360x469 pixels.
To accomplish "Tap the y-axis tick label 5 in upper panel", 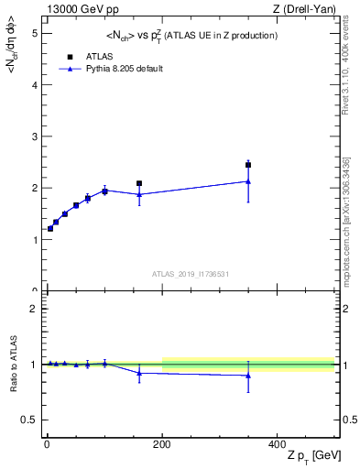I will tap(34, 33).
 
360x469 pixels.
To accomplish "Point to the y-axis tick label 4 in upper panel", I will tap(34, 84).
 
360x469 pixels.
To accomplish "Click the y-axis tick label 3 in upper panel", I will tap(34, 136).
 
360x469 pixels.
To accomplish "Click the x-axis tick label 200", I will tap(162, 444).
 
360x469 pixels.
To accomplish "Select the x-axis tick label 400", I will tap(277, 444).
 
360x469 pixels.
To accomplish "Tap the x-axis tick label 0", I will tap(48, 444).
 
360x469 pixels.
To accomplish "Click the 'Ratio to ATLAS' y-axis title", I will tap(14, 364).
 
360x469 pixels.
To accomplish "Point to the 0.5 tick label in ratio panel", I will tap(29, 420).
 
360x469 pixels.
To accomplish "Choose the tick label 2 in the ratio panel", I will tap(34, 309).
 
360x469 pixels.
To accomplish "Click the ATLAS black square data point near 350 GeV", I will tap(248, 165).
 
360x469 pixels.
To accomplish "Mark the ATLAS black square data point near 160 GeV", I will tap(139, 183).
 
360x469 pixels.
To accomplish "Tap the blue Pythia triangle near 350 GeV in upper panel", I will tap(248, 181).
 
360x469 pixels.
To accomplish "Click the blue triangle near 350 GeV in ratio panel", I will tap(248, 376).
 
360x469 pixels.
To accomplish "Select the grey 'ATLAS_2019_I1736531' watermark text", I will tap(190, 273).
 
